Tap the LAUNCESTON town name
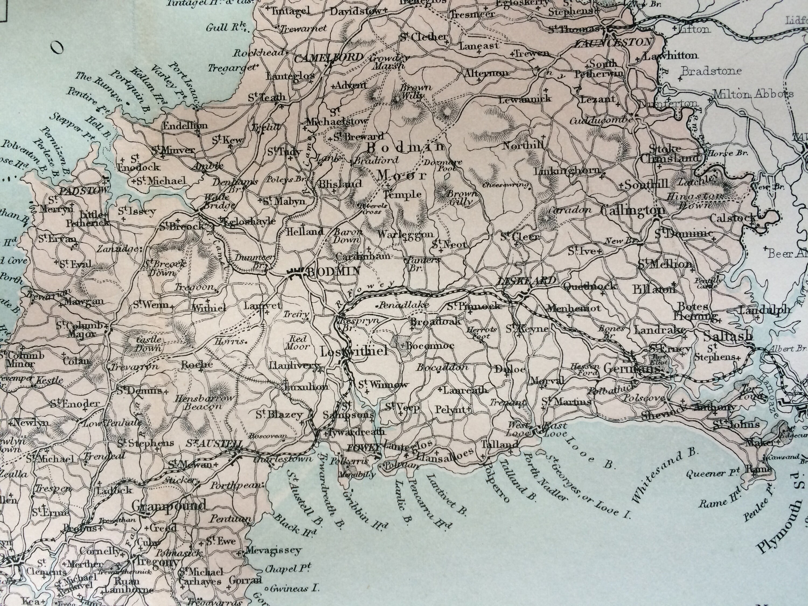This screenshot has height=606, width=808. [x=613, y=42]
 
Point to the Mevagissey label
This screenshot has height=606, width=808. [x=273, y=550]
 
